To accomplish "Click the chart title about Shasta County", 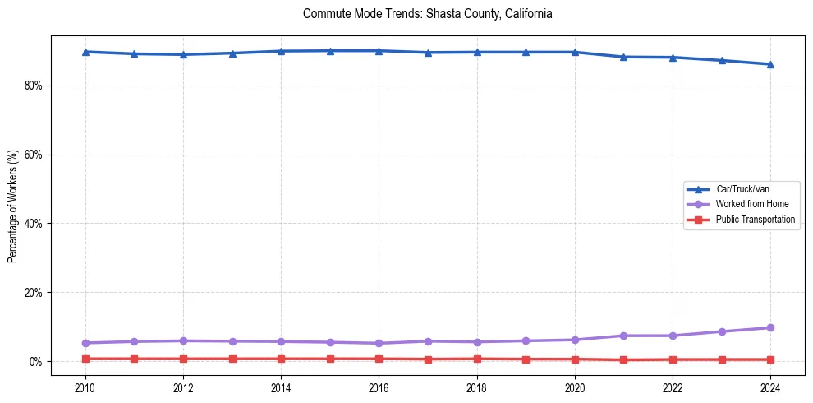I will [427, 14].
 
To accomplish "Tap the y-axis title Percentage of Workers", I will [12, 206].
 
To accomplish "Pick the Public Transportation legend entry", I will [755, 220].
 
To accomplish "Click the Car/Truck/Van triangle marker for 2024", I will [770, 64].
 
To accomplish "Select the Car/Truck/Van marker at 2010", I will [85, 52].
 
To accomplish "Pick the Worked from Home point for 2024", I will [770, 327].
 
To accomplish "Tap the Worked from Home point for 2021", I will [623, 336].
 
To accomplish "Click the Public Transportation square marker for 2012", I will [183, 359].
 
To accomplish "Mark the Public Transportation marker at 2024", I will [770, 359].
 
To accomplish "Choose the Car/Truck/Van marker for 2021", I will [623, 57].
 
